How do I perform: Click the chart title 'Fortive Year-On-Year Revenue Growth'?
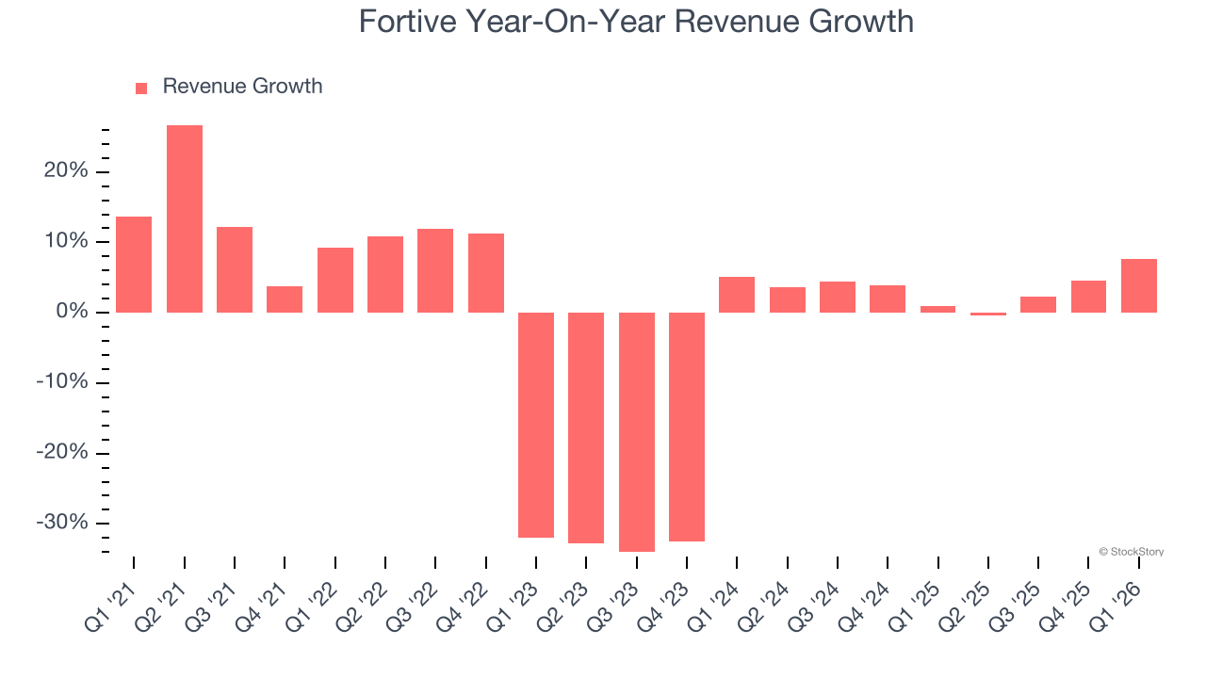click(636, 22)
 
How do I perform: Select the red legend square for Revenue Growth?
click(141, 88)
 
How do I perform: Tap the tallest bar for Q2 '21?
click(185, 218)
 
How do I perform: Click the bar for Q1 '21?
click(134, 265)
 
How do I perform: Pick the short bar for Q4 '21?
click(285, 299)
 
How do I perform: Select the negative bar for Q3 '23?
click(637, 431)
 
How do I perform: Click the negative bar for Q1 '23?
click(536, 425)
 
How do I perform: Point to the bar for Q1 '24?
click(737, 295)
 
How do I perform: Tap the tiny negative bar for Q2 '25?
click(988, 314)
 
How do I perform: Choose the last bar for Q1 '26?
click(1139, 285)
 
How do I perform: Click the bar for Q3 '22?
click(435, 270)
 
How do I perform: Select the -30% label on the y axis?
click(62, 523)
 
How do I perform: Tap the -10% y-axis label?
click(62, 382)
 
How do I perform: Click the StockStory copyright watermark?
click(1131, 552)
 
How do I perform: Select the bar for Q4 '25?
click(1088, 297)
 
